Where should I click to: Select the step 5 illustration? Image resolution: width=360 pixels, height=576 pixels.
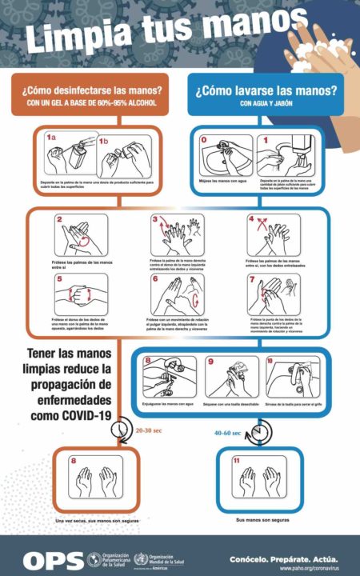[x=82, y=294]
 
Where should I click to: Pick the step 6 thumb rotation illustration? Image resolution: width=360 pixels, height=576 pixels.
[x=178, y=294]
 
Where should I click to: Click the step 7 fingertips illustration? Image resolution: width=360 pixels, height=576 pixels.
[x=274, y=294]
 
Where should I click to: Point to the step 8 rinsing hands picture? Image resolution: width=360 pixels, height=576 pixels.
[x=169, y=375]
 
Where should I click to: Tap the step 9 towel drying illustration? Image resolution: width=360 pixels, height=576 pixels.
[x=231, y=375]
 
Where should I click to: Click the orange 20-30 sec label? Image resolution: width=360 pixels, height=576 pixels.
[x=149, y=430]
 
